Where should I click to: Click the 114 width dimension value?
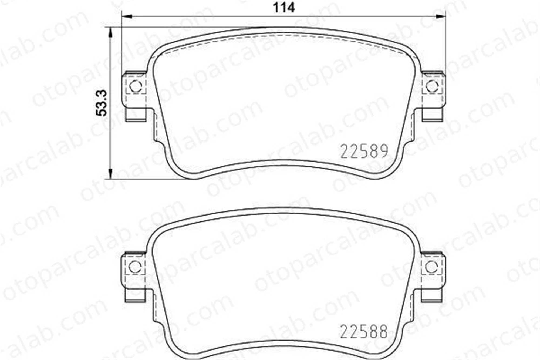tap(284, 8)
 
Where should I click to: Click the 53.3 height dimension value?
tap(102, 103)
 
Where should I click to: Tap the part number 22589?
tap(364, 151)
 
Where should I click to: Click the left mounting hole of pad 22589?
tap(136, 86)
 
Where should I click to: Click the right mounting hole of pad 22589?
tap(432, 86)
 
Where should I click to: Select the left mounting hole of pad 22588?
tap(135, 267)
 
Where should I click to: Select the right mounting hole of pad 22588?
tap(431, 267)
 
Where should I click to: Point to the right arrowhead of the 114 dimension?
tap(440, 17)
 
